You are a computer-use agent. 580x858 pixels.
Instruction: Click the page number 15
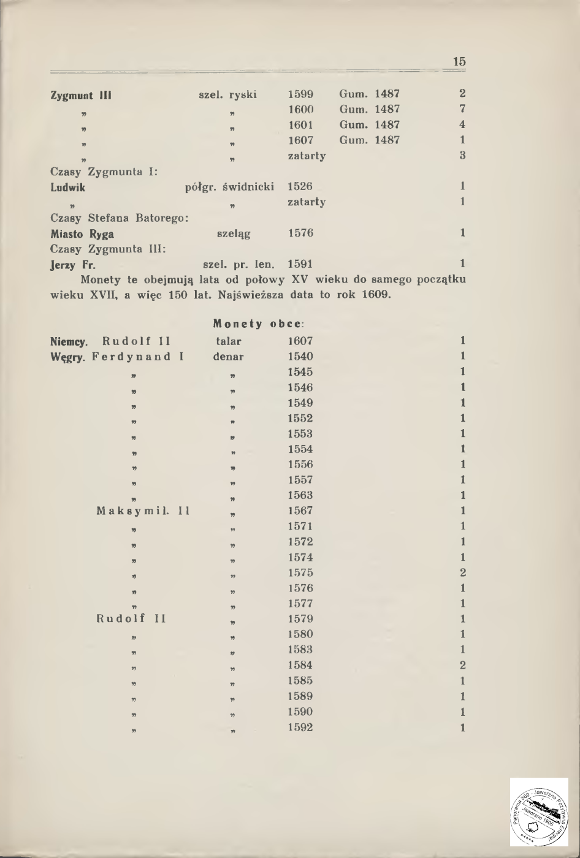coord(459,62)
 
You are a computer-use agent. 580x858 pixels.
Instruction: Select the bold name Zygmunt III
coord(80,95)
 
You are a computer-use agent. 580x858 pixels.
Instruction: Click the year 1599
coord(300,94)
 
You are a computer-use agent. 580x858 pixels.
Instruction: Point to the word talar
coord(229,341)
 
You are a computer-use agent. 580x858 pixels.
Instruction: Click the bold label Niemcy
coord(69,341)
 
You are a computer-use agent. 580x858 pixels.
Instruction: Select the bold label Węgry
coord(69,357)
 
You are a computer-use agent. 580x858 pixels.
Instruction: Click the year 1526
coord(300,186)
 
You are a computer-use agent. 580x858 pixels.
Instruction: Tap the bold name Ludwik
coord(67,187)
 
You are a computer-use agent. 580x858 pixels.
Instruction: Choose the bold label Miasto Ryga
coord(82,233)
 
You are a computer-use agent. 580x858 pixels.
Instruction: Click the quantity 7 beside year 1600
coord(463,109)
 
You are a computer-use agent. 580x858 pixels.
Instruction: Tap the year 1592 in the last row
coord(300,727)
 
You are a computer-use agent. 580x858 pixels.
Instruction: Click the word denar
coord(228,357)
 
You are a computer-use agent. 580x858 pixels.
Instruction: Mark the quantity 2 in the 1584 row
coord(463,665)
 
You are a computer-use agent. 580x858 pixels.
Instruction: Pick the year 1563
coord(300,495)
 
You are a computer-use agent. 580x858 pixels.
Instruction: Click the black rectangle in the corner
coord(539,812)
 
